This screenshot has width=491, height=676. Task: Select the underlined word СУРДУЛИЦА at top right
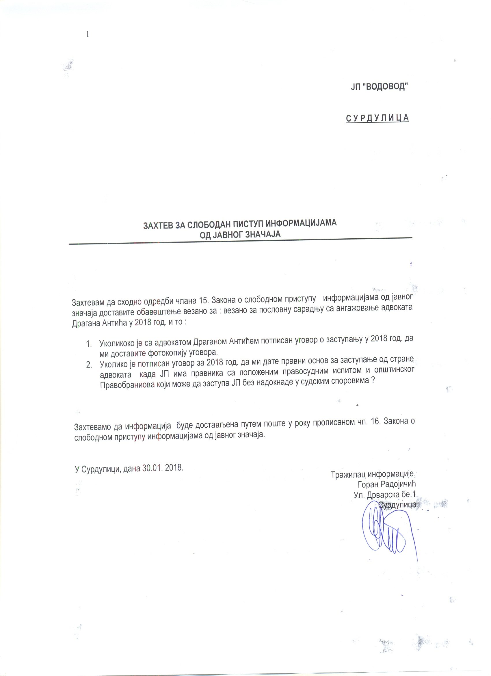(377, 118)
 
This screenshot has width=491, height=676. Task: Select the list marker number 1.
(89, 344)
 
